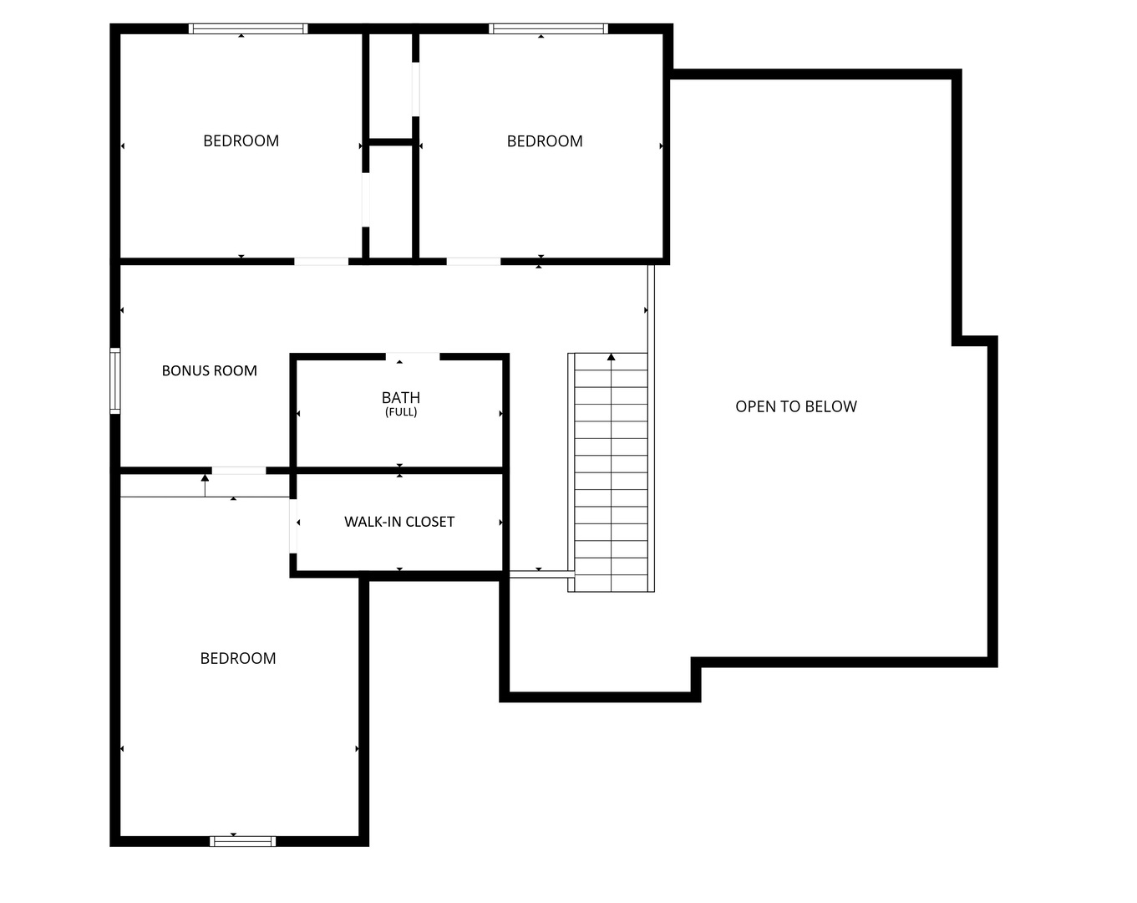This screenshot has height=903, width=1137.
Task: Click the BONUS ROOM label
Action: tap(209, 370)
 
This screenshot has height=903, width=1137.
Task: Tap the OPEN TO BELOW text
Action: tap(795, 406)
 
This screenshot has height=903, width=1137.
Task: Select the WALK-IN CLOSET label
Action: tap(399, 522)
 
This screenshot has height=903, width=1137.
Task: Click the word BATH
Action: tap(401, 397)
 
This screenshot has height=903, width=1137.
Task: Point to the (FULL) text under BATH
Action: tap(401, 412)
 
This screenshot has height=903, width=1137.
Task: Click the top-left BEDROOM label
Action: tap(241, 140)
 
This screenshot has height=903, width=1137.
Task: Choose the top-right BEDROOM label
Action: tap(545, 141)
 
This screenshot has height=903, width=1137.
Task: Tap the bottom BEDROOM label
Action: tap(238, 658)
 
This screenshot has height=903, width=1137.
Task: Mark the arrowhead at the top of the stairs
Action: tap(611, 357)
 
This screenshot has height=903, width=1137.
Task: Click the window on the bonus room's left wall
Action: tap(115, 380)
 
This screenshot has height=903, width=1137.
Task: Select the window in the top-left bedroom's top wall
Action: tap(248, 28)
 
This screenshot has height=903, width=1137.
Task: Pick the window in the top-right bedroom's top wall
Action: tap(548, 28)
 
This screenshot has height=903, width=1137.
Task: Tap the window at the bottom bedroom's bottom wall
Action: tap(242, 841)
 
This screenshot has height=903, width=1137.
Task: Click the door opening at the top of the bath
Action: tap(413, 357)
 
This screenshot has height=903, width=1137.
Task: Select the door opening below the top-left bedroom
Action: tap(321, 262)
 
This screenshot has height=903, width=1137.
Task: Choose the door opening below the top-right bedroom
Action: tap(473, 262)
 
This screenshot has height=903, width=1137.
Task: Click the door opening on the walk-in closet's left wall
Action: tap(293, 526)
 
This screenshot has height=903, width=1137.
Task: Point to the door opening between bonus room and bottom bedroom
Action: tap(238, 471)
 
